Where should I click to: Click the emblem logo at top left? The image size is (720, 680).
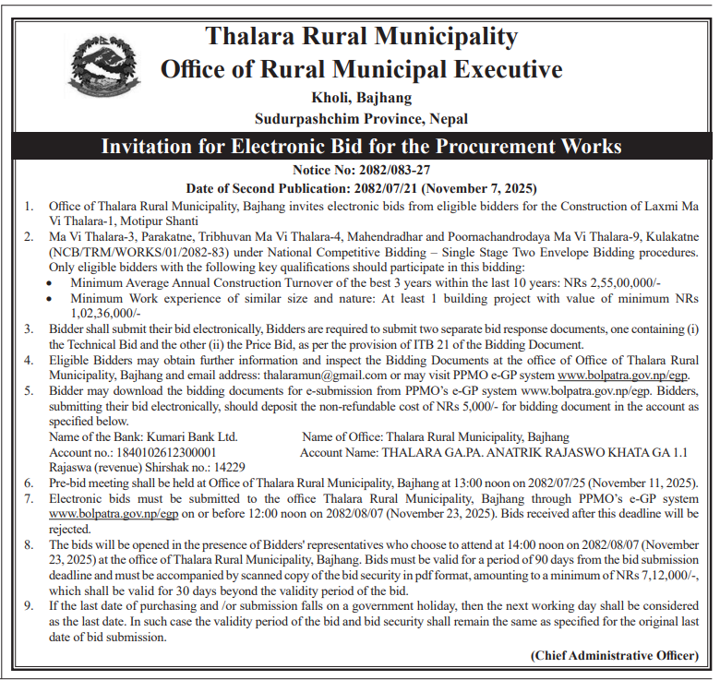104,70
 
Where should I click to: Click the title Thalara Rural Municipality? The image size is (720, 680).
361,36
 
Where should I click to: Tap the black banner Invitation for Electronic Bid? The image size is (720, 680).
361,147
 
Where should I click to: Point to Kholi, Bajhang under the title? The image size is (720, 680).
361,97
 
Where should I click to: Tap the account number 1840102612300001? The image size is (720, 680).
165,452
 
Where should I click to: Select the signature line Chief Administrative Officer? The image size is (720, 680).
614,655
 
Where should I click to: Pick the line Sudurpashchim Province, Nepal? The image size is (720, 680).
361,118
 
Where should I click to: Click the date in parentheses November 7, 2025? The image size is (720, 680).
487,186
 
